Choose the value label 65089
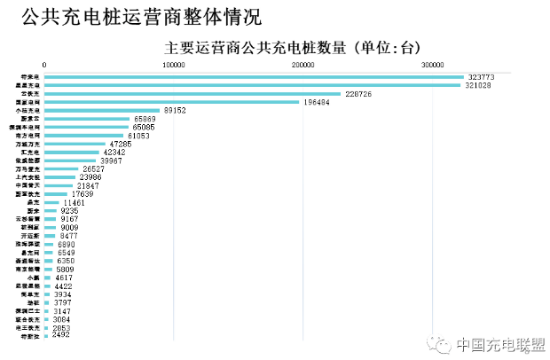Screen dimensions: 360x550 pos(144,119)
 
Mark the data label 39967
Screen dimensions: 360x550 pos(111,160)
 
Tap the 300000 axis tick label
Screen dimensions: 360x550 pos(432,65)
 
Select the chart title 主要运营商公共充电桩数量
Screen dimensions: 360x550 pos(256,46)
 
